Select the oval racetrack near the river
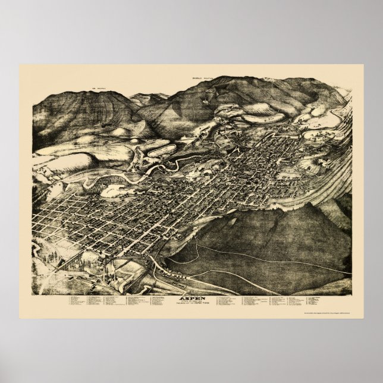point(113,190)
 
